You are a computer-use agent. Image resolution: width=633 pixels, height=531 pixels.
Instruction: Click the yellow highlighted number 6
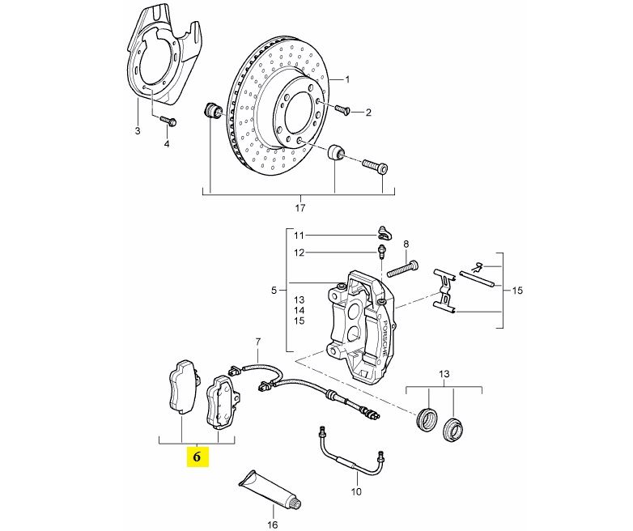pyautogui.click(x=197, y=457)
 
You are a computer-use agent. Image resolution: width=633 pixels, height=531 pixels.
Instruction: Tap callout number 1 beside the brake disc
pyautogui.click(x=347, y=79)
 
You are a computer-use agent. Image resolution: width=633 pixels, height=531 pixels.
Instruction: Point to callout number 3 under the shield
pyautogui.click(x=138, y=131)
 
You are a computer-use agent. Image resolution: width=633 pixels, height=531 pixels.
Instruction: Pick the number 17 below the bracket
pyautogui.click(x=300, y=208)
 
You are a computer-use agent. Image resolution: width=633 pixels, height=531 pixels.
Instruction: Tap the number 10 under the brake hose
pyautogui.click(x=356, y=492)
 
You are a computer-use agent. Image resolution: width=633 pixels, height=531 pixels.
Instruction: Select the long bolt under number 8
pyautogui.click(x=402, y=269)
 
